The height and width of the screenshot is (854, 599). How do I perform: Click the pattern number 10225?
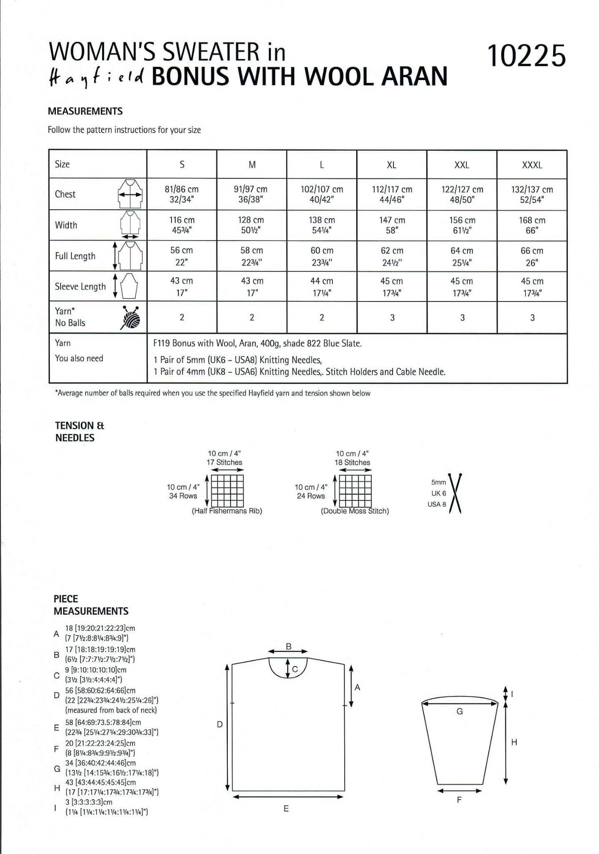click(x=526, y=56)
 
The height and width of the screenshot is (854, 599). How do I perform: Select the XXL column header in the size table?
click(x=461, y=165)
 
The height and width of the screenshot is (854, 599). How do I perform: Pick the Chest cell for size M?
click(x=251, y=194)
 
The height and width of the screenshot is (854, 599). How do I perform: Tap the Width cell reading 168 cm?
click(x=532, y=225)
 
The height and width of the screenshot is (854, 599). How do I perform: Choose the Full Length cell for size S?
click(x=181, y=256)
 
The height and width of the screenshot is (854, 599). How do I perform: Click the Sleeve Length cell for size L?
click(x=322, y=286)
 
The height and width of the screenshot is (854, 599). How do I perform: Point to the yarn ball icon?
click(x=130, y=318)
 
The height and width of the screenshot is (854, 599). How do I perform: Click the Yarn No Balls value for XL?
click(x=392, y=318)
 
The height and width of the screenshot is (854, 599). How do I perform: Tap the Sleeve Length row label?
click(x=80, y=286)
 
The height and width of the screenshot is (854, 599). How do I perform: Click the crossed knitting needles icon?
click(x=455, y=493)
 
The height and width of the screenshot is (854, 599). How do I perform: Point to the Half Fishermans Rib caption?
click(x=227, y=511)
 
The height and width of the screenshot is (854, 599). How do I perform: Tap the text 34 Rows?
click(x=183, y=496)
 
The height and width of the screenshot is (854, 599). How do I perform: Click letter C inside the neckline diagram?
click(x=295, y=670)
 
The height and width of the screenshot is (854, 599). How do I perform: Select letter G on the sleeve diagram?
click(x=459, y=711)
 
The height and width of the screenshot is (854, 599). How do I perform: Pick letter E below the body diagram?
click(x=286, y=809)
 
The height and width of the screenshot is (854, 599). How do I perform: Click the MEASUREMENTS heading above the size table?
click(x=85, y=111)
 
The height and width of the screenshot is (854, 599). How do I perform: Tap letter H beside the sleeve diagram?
click(x=514, y=742)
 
